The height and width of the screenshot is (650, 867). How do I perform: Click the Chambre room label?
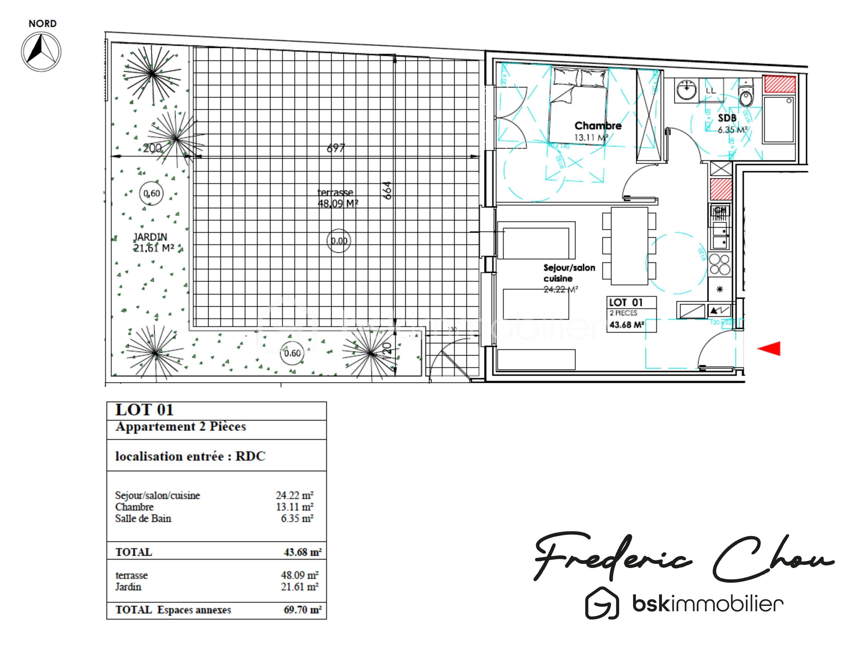pos(598,126)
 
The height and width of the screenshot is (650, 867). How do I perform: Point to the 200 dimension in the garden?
pos(152,148)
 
